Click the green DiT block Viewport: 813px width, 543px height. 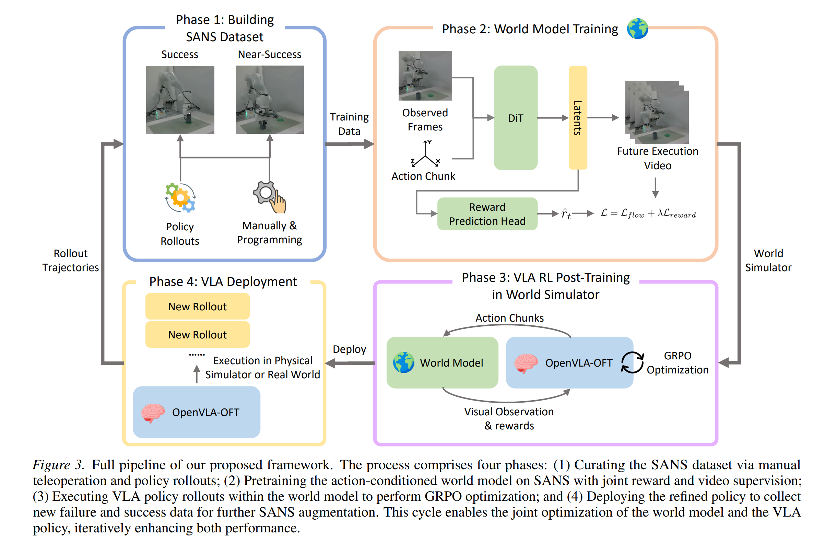point(515,118)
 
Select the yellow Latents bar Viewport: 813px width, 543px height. point(578,118)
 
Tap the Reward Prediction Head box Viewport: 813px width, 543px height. point(487,214)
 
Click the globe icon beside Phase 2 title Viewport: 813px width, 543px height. point(637,29)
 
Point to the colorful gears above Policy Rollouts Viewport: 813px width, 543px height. point(180,197)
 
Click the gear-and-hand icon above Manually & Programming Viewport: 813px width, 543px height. point(270,197)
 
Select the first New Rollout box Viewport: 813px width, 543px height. point(197,307)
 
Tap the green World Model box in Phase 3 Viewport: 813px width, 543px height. point(442,362)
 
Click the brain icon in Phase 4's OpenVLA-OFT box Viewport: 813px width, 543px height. point(153,413)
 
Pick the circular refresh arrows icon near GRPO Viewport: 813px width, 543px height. point(632,362)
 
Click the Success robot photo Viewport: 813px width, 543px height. point(180,100)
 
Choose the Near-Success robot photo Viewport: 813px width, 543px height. point(270,100)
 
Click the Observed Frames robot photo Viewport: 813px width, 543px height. point(425,76)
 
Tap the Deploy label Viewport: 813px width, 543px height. point(349,349)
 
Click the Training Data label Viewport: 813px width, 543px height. point(349,124)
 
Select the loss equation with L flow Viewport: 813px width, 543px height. point(648,213)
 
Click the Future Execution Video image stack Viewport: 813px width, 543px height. point(657,112)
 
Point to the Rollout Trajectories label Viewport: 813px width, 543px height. point(71,261)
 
